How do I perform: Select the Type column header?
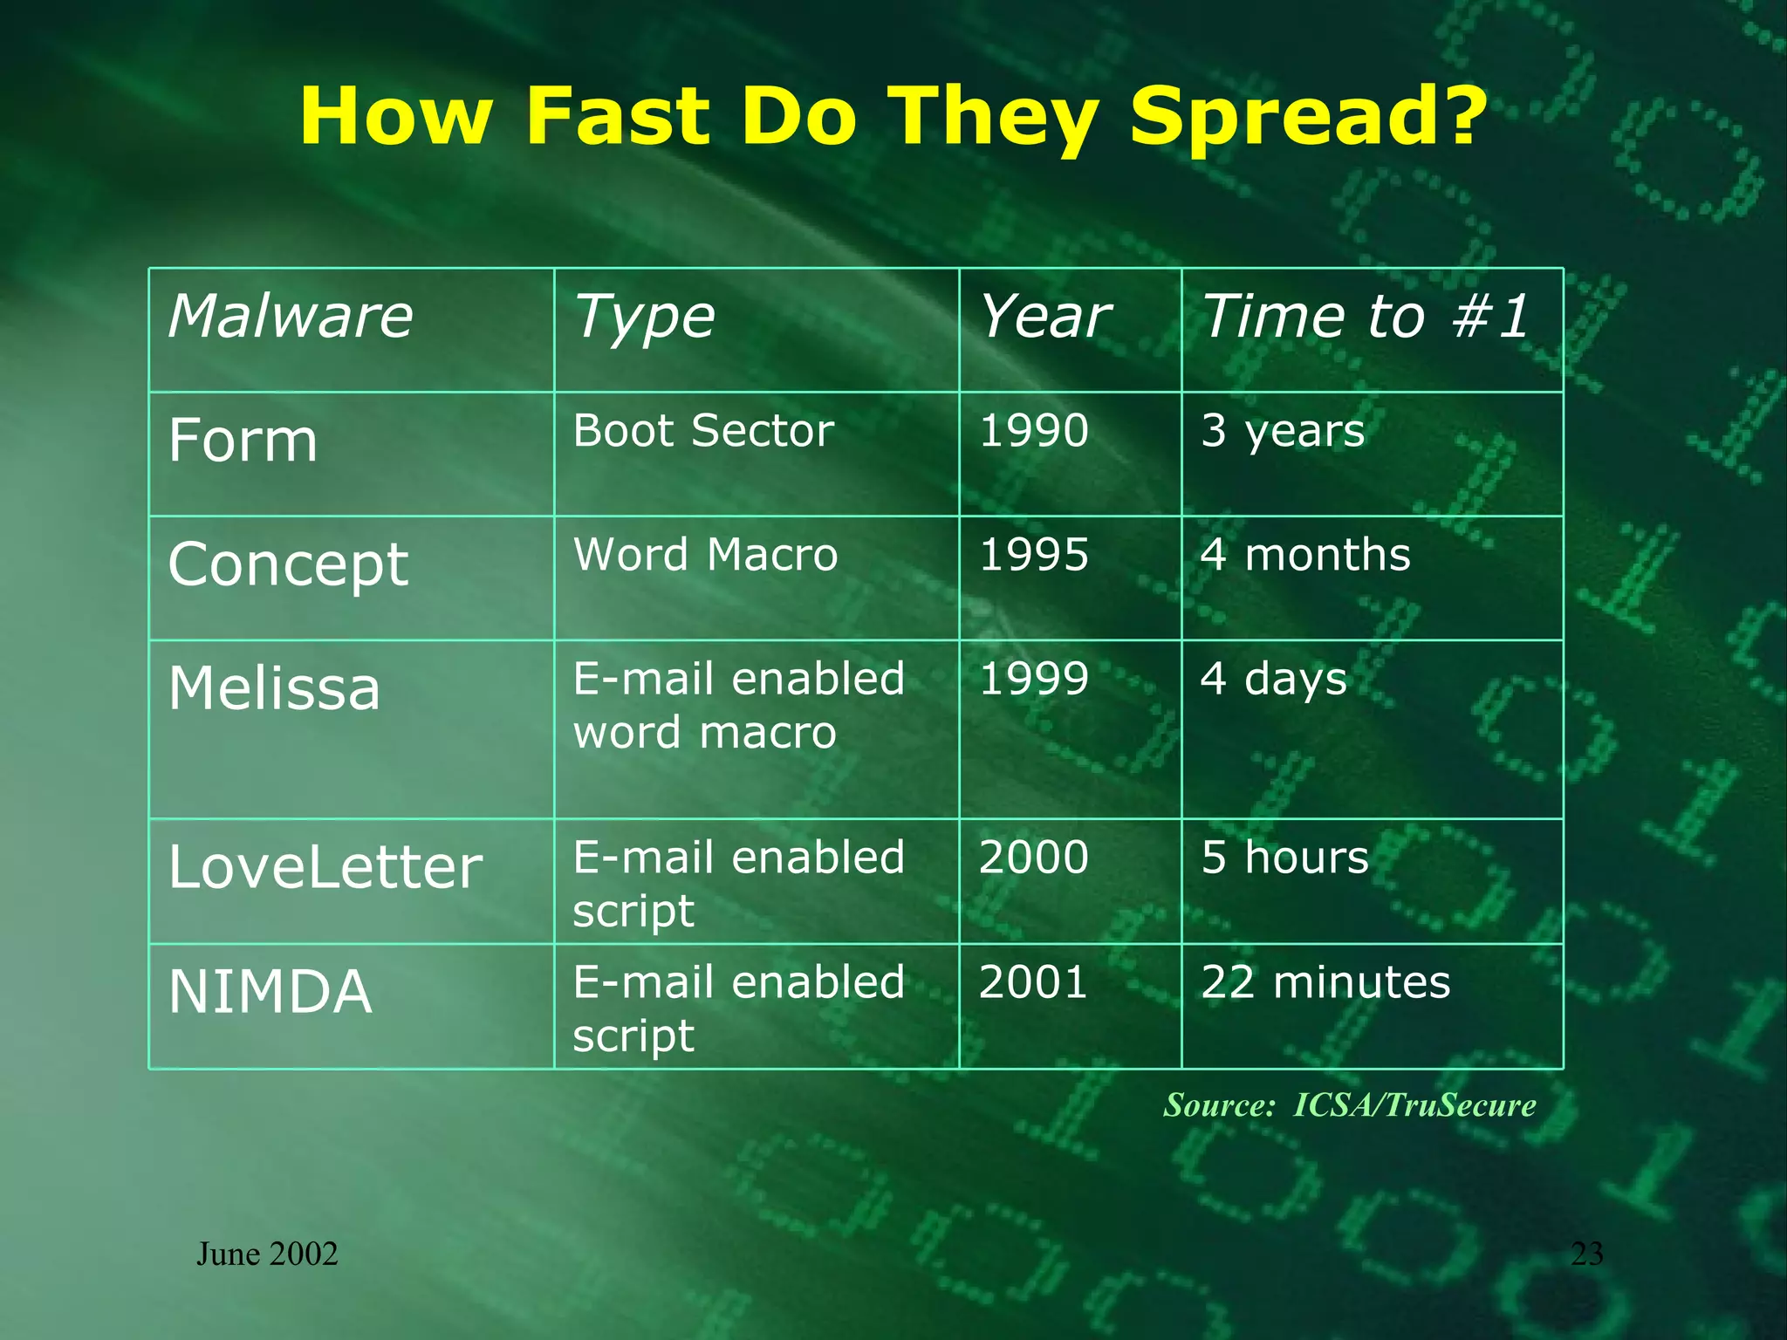(644, 318)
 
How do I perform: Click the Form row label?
(243, 441)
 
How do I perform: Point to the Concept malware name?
(288, 565)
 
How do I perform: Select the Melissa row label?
(274, 688)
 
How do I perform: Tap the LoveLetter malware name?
(325, 867)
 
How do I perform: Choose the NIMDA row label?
(270, 992)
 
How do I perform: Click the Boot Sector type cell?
(703, 431)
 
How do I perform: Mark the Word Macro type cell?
(705, 555)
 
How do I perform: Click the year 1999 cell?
(1033, 679)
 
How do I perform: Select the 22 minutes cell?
(1325, 982)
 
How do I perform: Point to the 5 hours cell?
(1284, 858)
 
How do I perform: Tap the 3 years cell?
(1282, 431)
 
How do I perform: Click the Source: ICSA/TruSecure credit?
(1349, 1105)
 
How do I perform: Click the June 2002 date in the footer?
(267, 1255)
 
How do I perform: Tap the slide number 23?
(1586, 1255)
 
